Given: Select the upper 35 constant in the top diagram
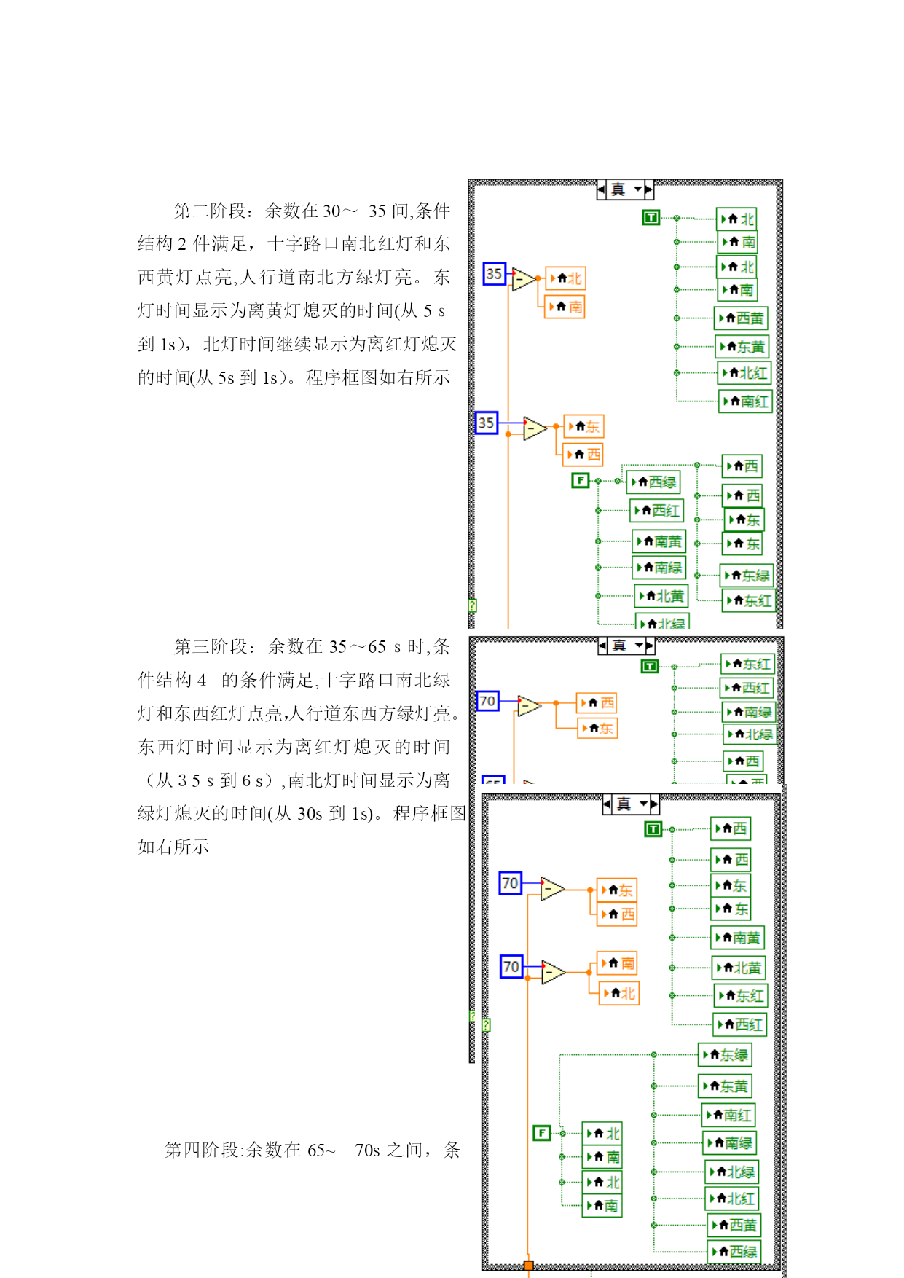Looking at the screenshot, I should pyautogui.click(x=494, y=274).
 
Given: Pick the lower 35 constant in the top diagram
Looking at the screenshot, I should pyautogui.click(x=486, y=423).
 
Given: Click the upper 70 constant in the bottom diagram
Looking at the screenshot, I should pyautogui.click(x=510, y=883).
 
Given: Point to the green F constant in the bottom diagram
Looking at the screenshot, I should pyautogui.click(x=541, y=1133).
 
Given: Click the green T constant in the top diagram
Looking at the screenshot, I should pyautogui.click(x=651, y=217).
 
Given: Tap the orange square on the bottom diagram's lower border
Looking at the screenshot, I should pyautogui.click(x=529, y=1266).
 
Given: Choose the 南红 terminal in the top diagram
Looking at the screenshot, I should pyautogui.click(x=745, y=401).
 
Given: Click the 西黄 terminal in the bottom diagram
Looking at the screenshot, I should pyautogui.click(x=734, y=1226).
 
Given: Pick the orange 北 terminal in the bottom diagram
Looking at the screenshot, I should pyautogui.click(x=619, y=993).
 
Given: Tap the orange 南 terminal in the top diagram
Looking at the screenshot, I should pyautogui.click(x=566, y=307).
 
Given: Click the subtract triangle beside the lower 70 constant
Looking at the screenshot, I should pyautogui.click(x=553, y=972).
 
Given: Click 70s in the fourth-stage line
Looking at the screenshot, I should pyautogui.click(x=367, y=1150).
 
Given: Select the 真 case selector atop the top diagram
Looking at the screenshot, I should pyautogui.click(x=625, y=189).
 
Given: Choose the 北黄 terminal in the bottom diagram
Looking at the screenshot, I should pyautogui.click(x=739, y=968).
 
